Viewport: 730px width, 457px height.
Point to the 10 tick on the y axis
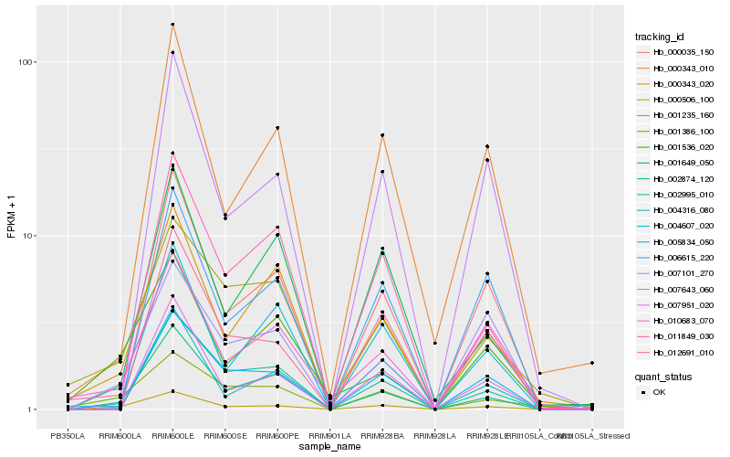point(28,236)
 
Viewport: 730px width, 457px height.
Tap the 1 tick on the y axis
point(31,409)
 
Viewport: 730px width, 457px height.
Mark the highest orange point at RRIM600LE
point(172,25)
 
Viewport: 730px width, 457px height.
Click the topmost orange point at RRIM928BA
point(382,135)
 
